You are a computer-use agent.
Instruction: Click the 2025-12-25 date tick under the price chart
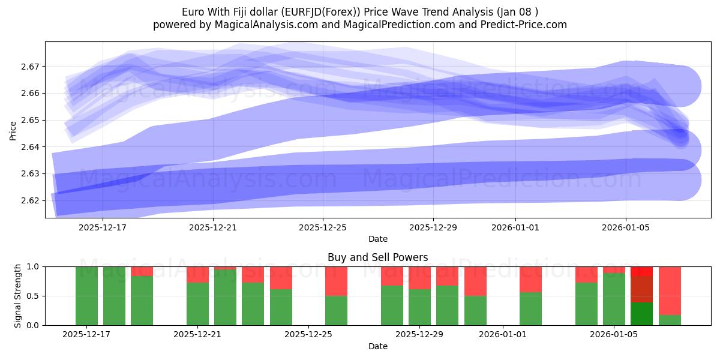pyautogui.click(x=323, y=228)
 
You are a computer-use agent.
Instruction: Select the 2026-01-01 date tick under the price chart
pyautogui.click(x=515, y=228)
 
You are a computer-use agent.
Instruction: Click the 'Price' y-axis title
pyautogui.click(x=13, y=130)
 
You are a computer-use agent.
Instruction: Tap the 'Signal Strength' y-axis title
pyautogui.click(x=18, y=296)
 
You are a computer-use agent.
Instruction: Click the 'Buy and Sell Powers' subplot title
pyautogui.click(x=377, y=257)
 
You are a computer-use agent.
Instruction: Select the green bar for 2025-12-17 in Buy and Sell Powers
pyautogui.click(x=86, y=296)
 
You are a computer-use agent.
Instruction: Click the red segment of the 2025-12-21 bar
pyautogui.click(x=197, y=274)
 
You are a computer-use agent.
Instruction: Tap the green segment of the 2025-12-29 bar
pyautogui.click(x=419, y=307)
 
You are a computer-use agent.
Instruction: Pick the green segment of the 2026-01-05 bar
pyautogui.click(x=614, y=299)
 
